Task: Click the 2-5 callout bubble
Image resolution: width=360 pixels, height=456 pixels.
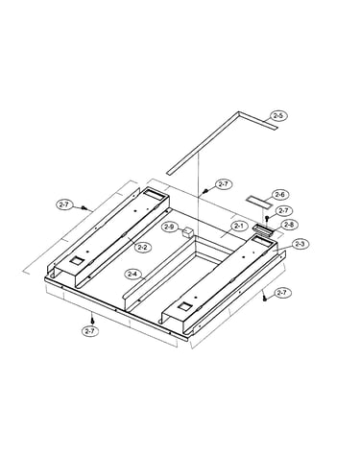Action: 278,115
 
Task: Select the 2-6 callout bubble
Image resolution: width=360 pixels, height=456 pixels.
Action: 280,195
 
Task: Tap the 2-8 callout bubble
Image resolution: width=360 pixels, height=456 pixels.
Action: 289,225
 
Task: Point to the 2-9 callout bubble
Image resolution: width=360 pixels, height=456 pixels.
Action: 169,227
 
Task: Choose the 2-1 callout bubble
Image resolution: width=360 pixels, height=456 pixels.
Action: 239,226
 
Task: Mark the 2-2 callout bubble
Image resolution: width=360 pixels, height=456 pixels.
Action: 143,247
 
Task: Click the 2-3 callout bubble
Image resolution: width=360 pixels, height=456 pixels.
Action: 300,244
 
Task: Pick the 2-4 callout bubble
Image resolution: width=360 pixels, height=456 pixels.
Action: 132,274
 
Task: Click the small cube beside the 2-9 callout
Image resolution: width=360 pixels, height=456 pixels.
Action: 187,231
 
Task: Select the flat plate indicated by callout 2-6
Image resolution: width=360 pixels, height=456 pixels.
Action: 259,202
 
